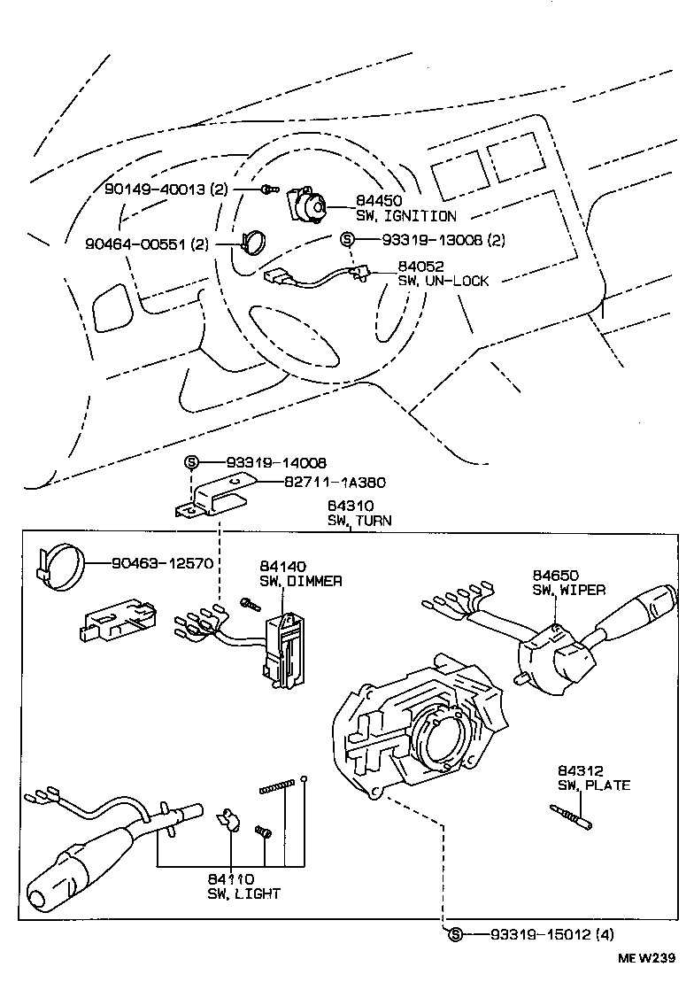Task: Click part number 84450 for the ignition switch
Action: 375,201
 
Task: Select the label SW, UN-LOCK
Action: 443,281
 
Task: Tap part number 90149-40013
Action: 155,189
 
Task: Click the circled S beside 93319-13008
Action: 347,239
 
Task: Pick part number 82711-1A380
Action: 335,483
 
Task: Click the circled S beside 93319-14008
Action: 190,462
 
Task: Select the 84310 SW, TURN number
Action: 348,507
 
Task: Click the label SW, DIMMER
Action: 301,581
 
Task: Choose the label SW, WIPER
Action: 568,590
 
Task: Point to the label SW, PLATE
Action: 593,785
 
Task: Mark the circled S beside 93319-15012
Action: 455,934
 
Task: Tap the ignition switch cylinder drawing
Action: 308,208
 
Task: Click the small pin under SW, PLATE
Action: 570,815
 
